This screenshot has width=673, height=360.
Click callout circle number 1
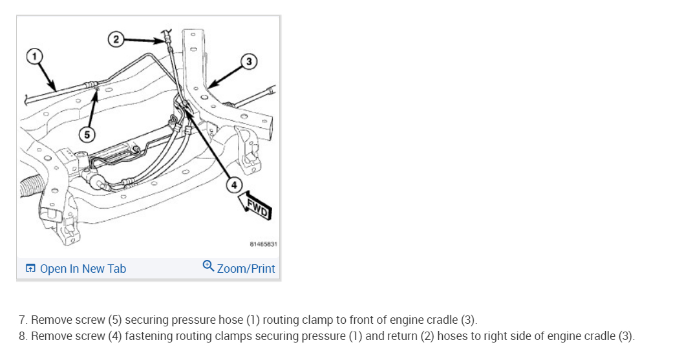point(32,56)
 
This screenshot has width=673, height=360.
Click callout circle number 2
point(116,39)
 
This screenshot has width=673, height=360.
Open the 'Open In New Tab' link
point(83,269)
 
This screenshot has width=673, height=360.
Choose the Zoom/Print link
point(246,269)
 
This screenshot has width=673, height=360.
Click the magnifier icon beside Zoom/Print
point(208,266)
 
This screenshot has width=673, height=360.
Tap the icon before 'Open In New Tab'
point(30,269)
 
